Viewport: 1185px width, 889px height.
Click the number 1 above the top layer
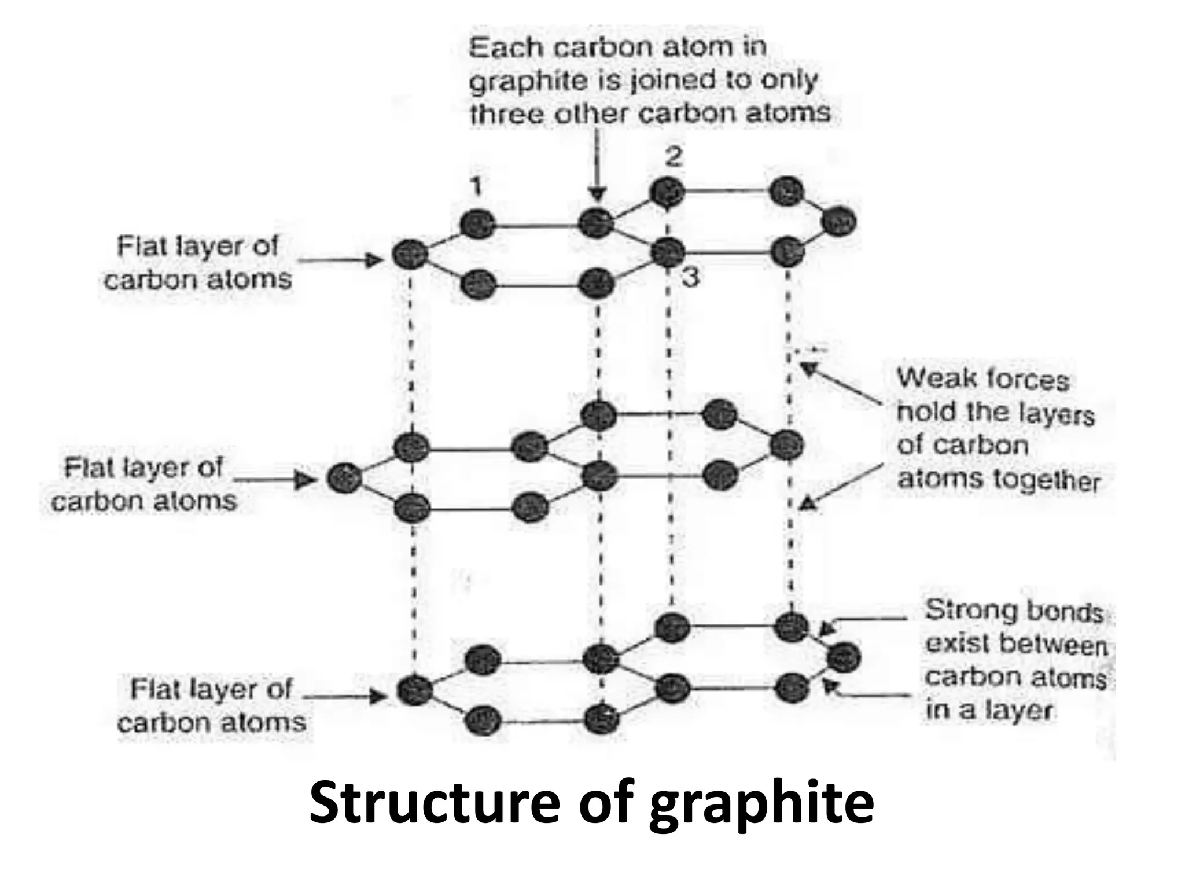click(x=476, y=187)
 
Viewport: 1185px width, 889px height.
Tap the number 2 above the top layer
click(x=673, y=157)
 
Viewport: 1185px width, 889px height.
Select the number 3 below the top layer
click(x=690, y=278)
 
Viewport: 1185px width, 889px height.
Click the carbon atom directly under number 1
click(x=478, y=224)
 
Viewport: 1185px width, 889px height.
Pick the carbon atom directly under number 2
click(x=667, y=192)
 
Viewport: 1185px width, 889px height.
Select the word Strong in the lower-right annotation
click(x=966, y=610)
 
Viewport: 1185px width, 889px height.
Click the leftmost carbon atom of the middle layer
click(x=345, y=479)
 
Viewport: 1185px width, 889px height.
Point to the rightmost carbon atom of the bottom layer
click(x=844, y=658)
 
